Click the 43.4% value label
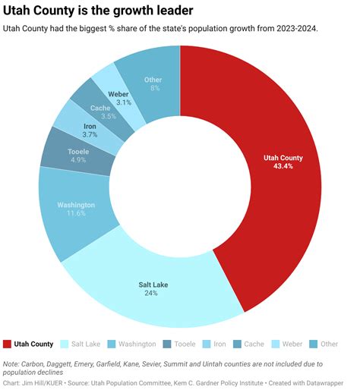click(x=283, y=166)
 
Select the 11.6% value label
click(x=77, y=214)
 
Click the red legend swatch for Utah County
click(x=8, y=344)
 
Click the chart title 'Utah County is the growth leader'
click(x=98, y=11)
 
